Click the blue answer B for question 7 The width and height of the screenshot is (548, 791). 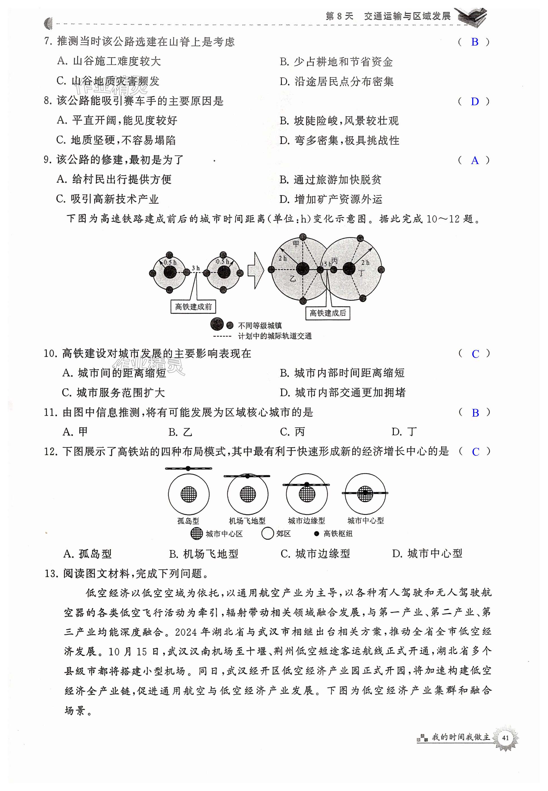tap(474, 42)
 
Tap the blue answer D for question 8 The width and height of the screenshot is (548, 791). tap(474, 101)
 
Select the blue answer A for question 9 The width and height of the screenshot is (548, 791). tap(474, 160)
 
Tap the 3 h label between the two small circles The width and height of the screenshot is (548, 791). tap(196, 268)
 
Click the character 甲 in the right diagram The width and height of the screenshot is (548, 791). tap(296, 244)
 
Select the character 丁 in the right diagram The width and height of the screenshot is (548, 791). tap(361, 274)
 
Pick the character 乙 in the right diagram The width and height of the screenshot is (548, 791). tap(293, 279)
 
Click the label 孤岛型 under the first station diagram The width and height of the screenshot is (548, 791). tap(188, 521)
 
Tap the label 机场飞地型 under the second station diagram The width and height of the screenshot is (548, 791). tap(247, 521)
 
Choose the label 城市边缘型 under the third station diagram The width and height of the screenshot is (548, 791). tap(306, 521)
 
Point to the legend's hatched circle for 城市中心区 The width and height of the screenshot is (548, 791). tap(197, 534)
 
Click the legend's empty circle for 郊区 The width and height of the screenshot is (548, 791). tap(267, 534)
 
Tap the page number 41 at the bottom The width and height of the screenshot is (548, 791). tap(505, 738)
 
